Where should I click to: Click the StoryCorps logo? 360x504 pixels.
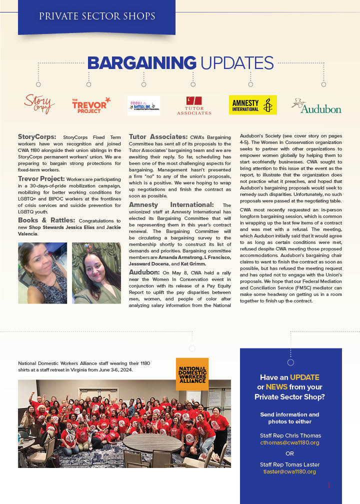(x=39, y=103)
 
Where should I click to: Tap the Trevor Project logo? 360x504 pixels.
(x=90, y=105)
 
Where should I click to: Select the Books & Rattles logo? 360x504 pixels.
(x=143, y=105)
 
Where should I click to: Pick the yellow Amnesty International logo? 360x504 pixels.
(x=252, y=105)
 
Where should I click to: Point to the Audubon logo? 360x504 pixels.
(x=316, y=106)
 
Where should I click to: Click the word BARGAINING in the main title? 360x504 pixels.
(x=141, y=63)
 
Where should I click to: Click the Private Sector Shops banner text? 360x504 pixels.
(x=97, y=16)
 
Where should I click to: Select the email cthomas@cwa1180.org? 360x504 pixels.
(x=289, y=442)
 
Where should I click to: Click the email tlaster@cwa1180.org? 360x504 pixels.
(x=289, y=471)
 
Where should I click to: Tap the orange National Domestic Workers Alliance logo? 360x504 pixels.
(x=192, y=374)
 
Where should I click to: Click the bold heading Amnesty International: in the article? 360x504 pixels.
(x=171, y=205)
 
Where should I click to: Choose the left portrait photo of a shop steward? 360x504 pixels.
(x=42, y=273)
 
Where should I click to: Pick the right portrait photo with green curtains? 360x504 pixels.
(x=96, y=273)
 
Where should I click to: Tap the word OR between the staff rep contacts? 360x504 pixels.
(x=289, y=453)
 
